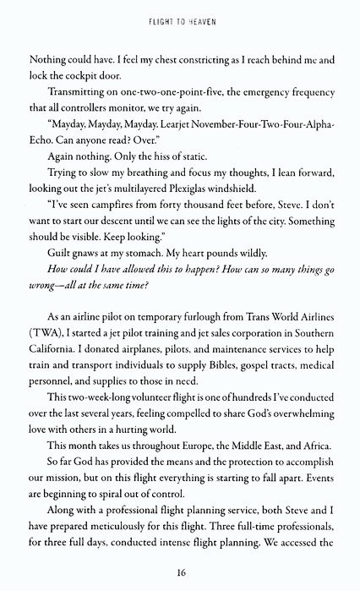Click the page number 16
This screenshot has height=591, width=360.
[180, 572]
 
